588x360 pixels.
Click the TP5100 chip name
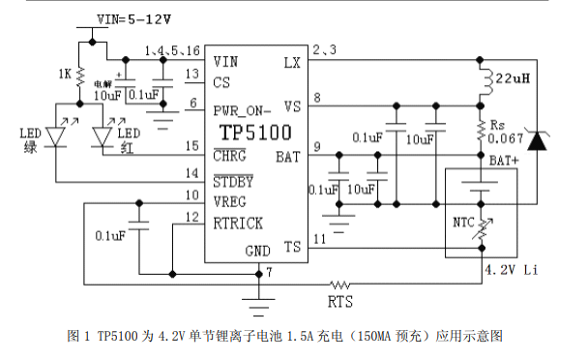pos(255,133)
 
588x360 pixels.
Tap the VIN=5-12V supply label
pos(133,19)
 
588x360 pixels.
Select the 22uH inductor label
pos(513,78)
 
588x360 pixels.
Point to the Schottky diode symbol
pos(537,140)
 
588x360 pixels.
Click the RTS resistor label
pos(340,302)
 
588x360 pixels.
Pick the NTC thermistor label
pos(463,223)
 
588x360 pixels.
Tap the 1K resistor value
pos(65,74)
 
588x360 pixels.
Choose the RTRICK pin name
pos(238,224)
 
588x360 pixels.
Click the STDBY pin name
pos(233,182)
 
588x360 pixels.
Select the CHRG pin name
pos(229,156)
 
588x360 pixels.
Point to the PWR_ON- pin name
pos(242,110)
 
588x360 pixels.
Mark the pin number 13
pos(192,74)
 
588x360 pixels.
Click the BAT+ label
pos(504,161)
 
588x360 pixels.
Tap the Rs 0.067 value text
pos(505,132)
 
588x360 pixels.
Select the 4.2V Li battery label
pos(512,270)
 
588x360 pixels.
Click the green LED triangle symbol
pos(55,136)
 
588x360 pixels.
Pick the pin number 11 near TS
pos(319,239)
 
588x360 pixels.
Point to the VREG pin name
pos(229,202)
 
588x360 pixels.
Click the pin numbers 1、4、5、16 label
pos(172,50)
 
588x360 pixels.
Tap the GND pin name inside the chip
pos(257,252)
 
